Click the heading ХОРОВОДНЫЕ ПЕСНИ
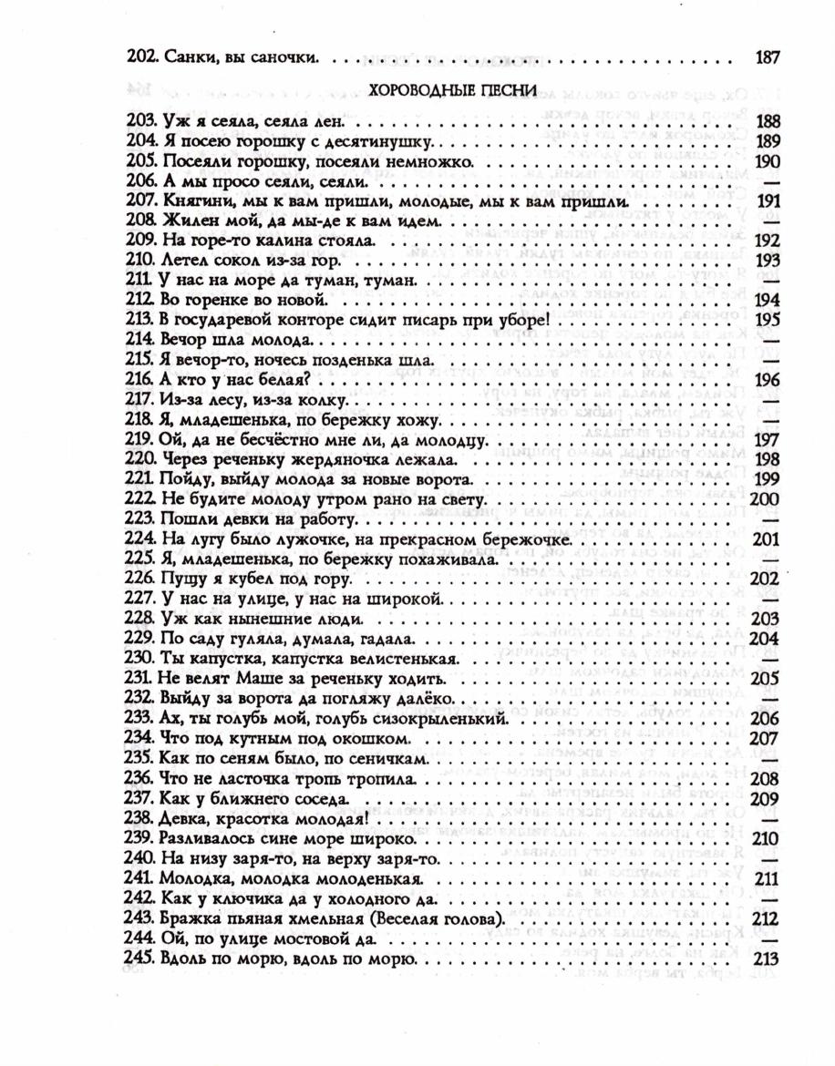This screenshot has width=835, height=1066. tap(450, 91)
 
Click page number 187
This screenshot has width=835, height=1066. tap(768, 58)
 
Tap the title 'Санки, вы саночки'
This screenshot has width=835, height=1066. tap(238, 58)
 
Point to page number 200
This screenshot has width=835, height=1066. tap(765, 500)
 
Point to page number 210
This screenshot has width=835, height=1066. tap(767, 838)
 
